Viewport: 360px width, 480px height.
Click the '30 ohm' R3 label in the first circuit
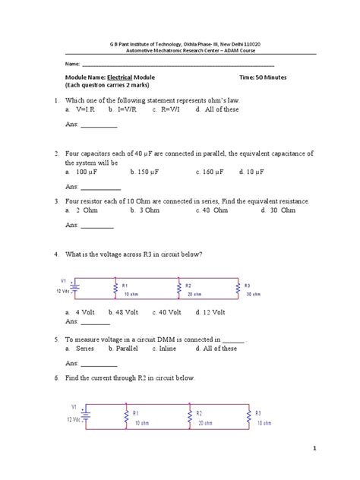254,294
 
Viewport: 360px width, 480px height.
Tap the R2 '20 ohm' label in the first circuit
193,294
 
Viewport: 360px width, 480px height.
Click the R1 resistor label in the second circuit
135,412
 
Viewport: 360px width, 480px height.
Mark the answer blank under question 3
96,226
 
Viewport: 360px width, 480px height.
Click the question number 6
57,377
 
